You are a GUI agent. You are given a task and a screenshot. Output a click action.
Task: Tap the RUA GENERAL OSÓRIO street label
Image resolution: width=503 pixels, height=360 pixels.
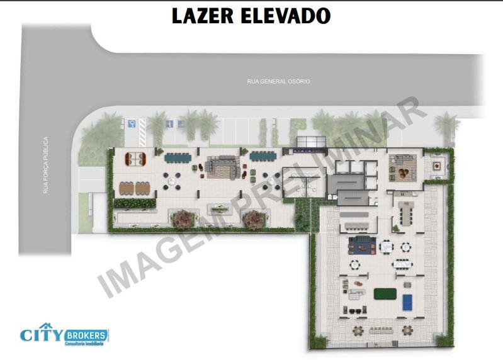(278, 81)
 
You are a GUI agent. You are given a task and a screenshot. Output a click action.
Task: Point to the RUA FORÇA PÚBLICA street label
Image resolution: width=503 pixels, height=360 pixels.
(46, 165)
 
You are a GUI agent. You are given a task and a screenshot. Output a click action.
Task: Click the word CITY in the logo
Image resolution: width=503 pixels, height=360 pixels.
(41, 335)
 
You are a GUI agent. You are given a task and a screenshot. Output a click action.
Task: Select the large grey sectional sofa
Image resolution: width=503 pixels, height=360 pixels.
(223, 167)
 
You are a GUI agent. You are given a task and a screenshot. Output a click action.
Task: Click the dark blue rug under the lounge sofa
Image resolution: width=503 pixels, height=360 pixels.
(362, 244)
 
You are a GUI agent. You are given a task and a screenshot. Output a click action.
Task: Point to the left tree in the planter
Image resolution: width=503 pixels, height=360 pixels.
(183, 218)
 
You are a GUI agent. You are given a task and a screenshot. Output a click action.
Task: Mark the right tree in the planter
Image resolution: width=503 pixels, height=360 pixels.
(254, 218)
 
